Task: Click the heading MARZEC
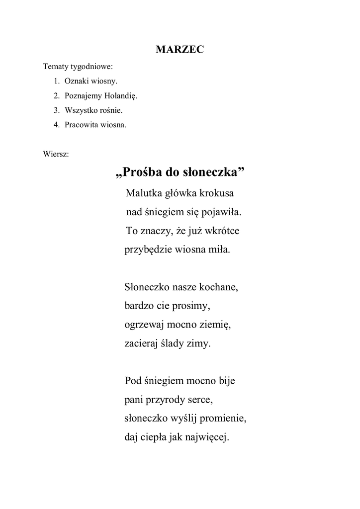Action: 180,49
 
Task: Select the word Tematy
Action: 55,66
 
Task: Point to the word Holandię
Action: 121,95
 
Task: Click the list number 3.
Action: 56,110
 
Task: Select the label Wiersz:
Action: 56,154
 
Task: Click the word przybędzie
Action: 148,250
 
